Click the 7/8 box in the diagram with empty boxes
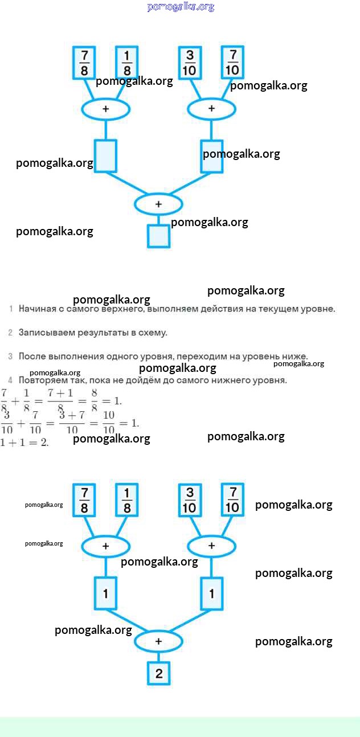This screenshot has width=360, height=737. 84,62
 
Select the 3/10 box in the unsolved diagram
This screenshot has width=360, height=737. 190,62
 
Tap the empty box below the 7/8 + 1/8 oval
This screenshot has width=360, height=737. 105,155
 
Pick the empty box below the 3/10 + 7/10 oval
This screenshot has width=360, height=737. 211,155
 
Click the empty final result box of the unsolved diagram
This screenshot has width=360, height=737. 158,236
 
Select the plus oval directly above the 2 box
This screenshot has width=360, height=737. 158,641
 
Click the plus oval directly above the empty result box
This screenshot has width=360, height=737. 158,203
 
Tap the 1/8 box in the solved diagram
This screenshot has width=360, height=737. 127,500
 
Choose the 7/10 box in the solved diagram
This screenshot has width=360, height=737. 232,500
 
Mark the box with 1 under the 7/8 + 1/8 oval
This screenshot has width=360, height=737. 105,593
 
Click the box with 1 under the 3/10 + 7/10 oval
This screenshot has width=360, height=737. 211,593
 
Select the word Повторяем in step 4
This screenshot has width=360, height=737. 42,380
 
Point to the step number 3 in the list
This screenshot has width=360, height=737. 10,357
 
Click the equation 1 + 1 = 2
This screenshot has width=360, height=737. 24,443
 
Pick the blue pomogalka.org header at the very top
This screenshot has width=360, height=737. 181,7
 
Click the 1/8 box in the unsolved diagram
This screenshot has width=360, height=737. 127,62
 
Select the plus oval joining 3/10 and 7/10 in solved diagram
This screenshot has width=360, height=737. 211,546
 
